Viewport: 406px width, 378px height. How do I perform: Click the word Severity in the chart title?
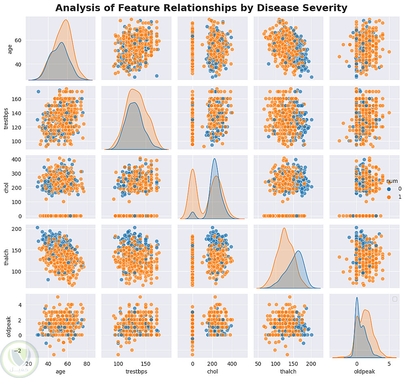(321, 8)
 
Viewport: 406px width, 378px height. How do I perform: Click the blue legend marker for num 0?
(388, 189)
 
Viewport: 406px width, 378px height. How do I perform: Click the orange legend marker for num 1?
(388, 197)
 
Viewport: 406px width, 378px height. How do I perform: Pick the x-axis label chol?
(212, 371)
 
